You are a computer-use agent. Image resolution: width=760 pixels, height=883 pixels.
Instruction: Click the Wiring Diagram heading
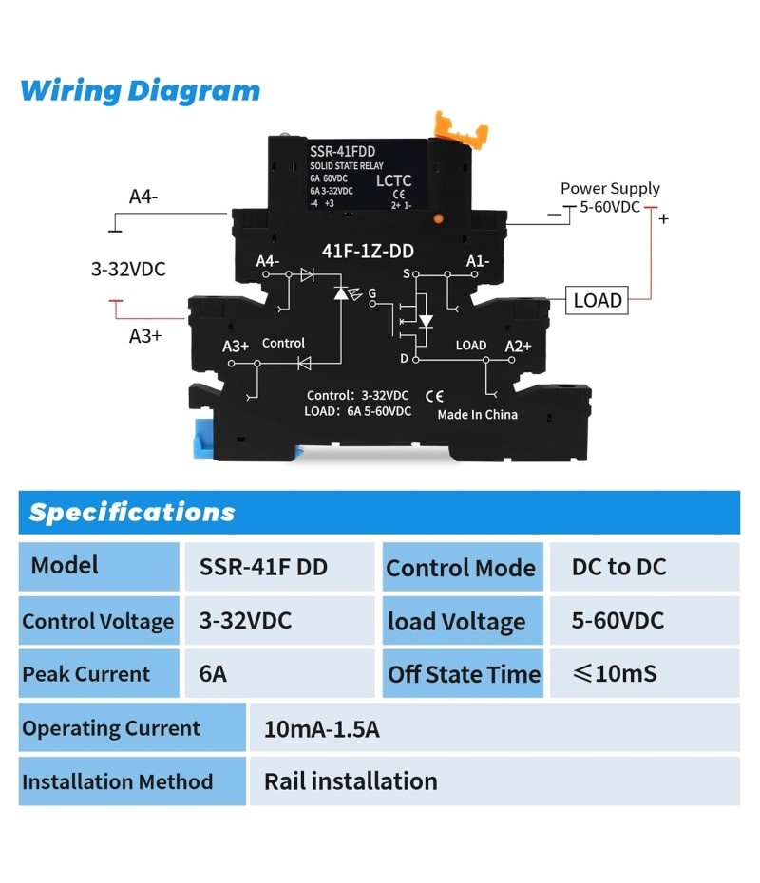point(140,91)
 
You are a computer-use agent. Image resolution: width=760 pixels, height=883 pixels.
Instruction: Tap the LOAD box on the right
point(598,300)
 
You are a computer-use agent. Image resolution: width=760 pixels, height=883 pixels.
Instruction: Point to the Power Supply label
point(610,188)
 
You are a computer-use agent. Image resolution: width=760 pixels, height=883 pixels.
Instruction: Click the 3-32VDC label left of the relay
point(128,269)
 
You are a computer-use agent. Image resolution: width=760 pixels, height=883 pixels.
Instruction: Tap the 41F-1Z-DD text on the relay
point(366,251)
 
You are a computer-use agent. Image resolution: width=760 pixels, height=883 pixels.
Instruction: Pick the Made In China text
point(477,414)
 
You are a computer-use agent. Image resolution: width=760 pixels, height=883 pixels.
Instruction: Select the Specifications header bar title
point(132,513)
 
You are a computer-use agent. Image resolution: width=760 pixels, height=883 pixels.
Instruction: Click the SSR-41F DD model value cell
point(263,567)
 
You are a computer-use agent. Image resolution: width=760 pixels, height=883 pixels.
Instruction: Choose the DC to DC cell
point(619,567)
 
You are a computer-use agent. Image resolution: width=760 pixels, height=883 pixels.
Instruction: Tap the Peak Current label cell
point(86,674)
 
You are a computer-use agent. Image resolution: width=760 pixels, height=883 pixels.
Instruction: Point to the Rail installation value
point(351,781)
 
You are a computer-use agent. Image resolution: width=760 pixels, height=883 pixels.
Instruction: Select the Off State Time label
point(464,674)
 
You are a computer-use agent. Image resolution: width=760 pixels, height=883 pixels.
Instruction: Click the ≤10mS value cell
point(615,674)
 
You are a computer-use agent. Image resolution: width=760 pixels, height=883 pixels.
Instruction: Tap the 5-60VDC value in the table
point(617,621)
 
